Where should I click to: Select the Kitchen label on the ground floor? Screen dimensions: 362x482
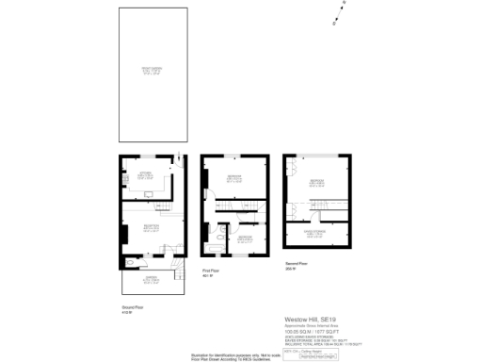coord(146,174)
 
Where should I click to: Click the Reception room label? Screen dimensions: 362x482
coord(151,226)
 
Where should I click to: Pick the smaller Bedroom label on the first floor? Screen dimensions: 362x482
coord(244,238)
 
